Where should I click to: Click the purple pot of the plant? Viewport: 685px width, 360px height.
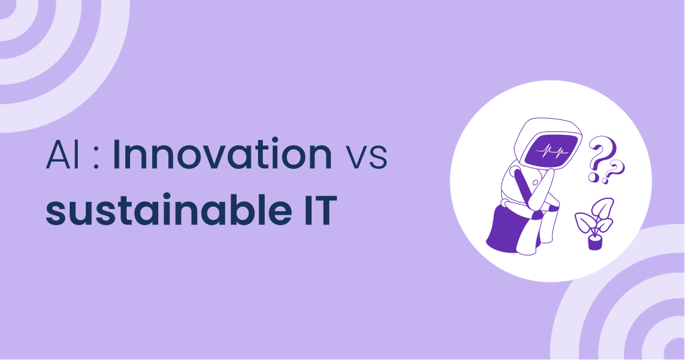coord(594,240)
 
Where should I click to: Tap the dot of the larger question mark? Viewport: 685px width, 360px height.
coord(593,178)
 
